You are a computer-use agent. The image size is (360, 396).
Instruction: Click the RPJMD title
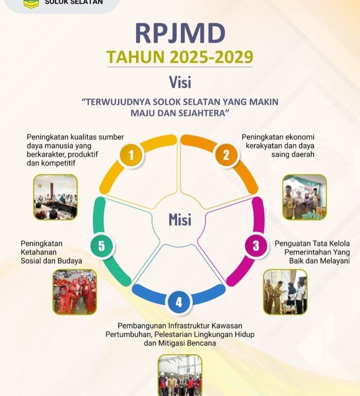tap(180, 33)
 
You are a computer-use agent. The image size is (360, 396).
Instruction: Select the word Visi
tap(180, 82)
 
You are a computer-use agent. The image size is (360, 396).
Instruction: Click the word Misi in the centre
tap(180, 220)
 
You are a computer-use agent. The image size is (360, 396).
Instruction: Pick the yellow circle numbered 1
tap(131, 155)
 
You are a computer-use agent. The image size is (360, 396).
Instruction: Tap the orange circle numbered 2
tap(226, 155)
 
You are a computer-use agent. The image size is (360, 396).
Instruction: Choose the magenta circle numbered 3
tap(256, 245)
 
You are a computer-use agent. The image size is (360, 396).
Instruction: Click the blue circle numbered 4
tap(179, 302)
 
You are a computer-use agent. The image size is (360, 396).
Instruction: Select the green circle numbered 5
tap(101, 246)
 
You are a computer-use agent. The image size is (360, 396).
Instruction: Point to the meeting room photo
tap(56, 197)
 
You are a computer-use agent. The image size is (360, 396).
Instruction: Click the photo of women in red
tap(75, 292)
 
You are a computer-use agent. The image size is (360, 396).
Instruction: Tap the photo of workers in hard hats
tap(180, 375)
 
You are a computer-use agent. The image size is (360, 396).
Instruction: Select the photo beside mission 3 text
tap(285, 292)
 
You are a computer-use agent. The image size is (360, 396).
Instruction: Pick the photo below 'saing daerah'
tap(304, 197)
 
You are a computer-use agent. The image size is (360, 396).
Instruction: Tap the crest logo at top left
tap(31, 4)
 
